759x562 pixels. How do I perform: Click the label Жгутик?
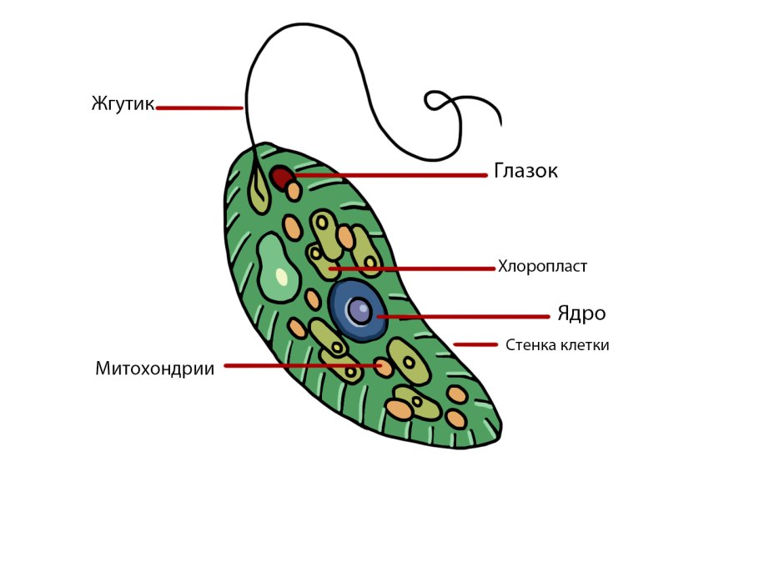123,104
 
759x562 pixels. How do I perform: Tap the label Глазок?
525,171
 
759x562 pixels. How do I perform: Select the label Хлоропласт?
543,267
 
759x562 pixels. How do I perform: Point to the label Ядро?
581,314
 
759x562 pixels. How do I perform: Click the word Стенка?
530,345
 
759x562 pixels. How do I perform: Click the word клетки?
584,345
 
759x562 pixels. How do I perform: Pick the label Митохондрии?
154,369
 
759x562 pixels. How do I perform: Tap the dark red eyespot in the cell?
280,177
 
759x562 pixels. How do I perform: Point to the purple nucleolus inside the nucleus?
359,311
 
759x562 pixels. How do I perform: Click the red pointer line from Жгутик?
199,108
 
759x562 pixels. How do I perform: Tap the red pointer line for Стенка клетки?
475,344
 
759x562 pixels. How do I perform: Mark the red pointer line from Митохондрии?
300,365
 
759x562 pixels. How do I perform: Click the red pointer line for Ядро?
463,317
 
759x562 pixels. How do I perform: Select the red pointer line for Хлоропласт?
413,268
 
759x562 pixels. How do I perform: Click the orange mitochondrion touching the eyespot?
294,191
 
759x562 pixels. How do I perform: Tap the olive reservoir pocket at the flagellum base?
259,194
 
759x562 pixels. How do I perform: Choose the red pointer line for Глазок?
392,175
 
